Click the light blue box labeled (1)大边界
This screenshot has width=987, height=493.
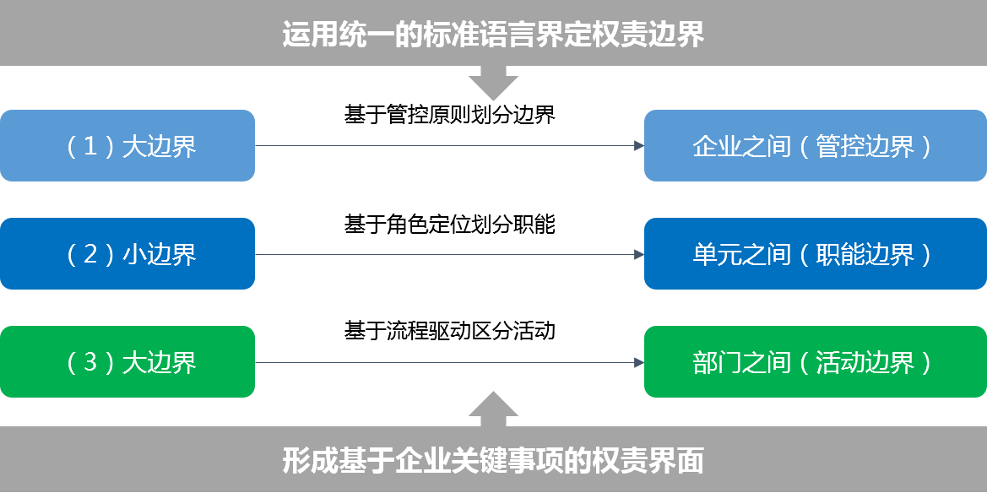tap(127, 146)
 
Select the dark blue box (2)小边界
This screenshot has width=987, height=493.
tap(127, 254)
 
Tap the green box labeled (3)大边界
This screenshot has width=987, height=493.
tap(127, 362)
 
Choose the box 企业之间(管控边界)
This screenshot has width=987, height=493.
tap(815, 146)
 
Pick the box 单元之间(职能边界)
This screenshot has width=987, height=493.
tap(815, 254)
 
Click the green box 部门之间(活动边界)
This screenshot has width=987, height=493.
tap(815, 362)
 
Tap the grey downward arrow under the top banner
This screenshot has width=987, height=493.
tap(493, 85)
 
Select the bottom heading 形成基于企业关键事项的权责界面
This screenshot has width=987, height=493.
tap(493, 462)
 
